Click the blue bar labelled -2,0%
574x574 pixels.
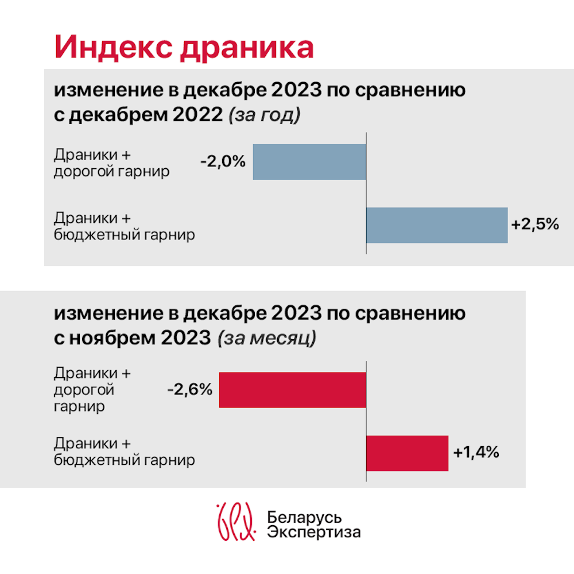309,162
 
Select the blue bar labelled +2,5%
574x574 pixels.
437,225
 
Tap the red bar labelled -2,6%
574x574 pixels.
293,390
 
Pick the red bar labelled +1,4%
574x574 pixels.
407,453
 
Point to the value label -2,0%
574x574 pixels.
223,162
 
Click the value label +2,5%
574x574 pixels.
535,224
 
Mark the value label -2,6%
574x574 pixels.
190,390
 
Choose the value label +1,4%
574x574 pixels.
476,452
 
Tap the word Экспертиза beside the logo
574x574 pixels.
314,532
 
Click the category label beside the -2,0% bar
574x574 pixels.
111,163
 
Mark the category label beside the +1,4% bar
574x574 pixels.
124,452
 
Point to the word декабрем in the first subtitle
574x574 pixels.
115,115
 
